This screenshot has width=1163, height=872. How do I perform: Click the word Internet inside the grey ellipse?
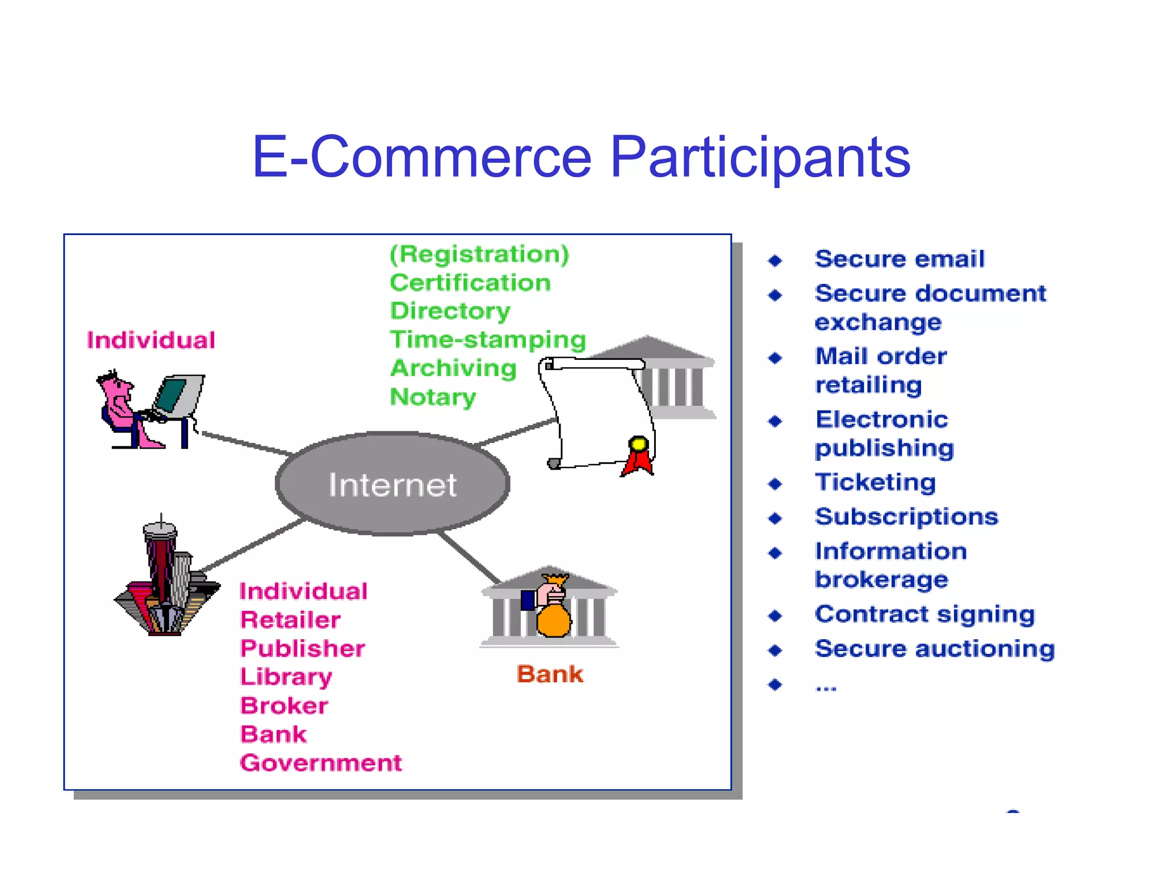click(x=392, y=485)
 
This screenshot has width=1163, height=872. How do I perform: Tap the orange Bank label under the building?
click(x=550, y=674)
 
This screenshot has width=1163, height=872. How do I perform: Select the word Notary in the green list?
click(x=433, y=396)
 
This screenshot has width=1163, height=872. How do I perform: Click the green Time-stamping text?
click(x=488, y=339)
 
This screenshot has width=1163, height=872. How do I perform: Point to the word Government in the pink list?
click(x=321, y=762)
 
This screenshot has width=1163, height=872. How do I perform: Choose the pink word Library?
click(x=286, y=677)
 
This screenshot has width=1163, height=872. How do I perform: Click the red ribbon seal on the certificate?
click(x=638, y=456)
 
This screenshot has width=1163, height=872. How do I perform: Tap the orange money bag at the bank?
click(x=553, y=620)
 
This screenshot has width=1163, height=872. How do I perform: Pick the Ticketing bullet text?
click(x=875, y=482)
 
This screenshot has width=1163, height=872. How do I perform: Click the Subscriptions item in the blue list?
click(x=906, y=517)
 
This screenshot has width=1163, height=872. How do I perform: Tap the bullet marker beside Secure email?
click(x=775, y=261)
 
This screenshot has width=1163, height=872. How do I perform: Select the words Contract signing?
click(x=924, y=614)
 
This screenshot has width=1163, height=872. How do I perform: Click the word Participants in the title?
click(x=760, y=157)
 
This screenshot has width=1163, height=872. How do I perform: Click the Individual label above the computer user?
click(x=151, y=340)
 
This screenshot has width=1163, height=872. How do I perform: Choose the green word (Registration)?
click(x=479, y=254)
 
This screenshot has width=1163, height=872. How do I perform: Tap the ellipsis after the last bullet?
click(x=826, y=687)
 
